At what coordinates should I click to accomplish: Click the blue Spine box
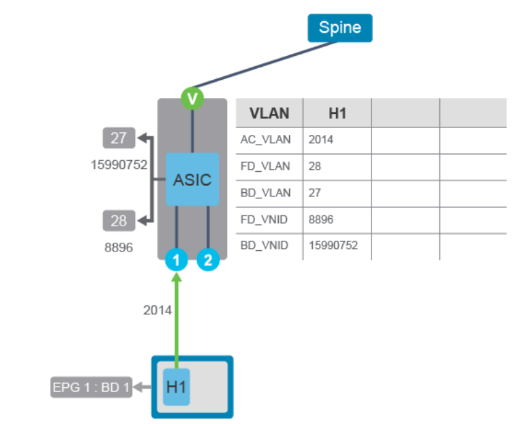click(339, 28)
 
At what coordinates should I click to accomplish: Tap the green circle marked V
click(192, 99)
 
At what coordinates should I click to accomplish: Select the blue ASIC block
click(192, 179)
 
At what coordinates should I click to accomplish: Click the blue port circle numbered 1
click(177, 260)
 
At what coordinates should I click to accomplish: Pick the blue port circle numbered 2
click(208, 260)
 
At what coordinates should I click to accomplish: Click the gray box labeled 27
click(119, 138)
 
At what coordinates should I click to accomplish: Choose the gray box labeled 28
click(119, 221)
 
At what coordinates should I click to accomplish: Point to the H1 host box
click(177, 387)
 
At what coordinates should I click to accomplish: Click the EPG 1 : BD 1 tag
click(91, 388)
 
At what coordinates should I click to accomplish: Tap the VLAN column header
click(269, 113)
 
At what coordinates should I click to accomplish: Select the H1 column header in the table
click(337, 113)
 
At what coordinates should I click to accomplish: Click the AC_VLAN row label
click(266, 140)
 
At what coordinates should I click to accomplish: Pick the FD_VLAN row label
click(266, 166)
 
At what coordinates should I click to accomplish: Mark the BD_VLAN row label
click(266, 193)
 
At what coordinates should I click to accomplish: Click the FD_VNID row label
click(265, 219)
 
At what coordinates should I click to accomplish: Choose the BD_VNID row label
click(265, 245)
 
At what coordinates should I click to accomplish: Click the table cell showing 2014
click(322, 140)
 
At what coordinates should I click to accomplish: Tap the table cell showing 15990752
click(333, 245)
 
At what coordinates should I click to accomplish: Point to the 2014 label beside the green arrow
click(157, 310)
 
